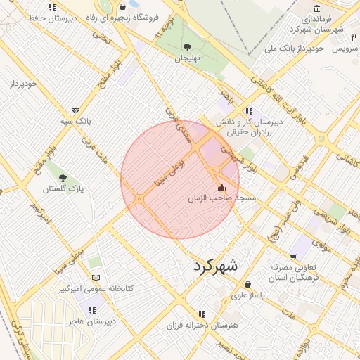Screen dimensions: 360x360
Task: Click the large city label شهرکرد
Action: point(214,266)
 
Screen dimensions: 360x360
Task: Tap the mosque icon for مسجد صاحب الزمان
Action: point(223,188)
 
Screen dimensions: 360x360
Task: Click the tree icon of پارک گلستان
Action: point(63,178)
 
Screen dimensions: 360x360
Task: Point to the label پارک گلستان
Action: point(63,189)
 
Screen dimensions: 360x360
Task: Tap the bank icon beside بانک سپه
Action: point(75,111)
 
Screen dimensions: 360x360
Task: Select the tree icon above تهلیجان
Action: point(186,47)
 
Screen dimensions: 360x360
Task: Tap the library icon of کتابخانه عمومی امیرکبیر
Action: point(96,278)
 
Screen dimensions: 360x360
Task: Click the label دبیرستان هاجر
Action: point(91,321)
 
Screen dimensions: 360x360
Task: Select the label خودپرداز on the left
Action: point(22,84)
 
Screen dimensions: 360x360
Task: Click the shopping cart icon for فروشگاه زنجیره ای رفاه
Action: point(123,6)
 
